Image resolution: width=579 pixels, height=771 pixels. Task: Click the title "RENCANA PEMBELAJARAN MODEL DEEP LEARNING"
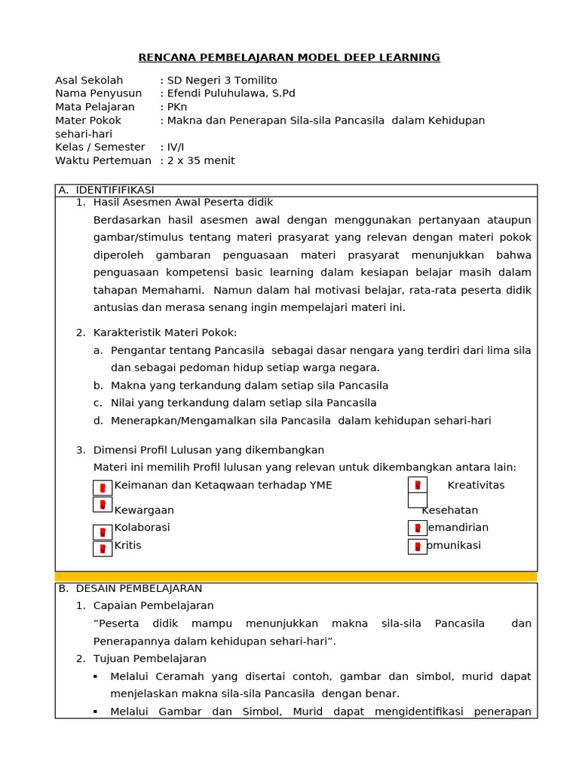pyautogui.click(x=289, y=58)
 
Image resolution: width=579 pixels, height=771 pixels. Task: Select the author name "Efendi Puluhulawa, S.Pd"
pyautogui.click(x=231, y=93)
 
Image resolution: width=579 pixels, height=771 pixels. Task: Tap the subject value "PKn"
pyautogui.click(x=177, y=107)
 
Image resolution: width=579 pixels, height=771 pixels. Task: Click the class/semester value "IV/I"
pyautogui.click(x=176, y=148)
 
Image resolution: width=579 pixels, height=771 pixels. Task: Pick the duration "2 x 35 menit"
pyautogui.click(x=201, y=161)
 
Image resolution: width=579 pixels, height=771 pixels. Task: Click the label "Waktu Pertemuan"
pyautogui.click(x=103, y=161)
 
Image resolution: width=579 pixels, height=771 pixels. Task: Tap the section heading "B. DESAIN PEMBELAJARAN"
pyautogui.click(x=130, y=589)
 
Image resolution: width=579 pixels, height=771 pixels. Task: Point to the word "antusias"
pyautogui.click(x=115, y=307)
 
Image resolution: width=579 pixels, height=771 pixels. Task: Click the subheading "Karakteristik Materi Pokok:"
pyautogui.click(x=164, y=333)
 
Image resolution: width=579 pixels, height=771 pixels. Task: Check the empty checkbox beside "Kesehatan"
pyautogui.click(x=417, y=501)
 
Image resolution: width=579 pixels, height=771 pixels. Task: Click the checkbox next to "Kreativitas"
pyautogui.click(x=417, y=485)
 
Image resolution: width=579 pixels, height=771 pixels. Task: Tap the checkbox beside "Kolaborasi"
pyautogui.click(x=103, y=532)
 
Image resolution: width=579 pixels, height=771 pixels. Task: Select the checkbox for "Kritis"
pyautogui.click(x=103, y=548)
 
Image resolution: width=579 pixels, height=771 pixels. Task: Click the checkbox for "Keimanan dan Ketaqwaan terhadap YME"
pyautogui.click(x=103, y=488)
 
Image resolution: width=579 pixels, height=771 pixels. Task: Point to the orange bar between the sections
pyautogui.click(x=296, y=577)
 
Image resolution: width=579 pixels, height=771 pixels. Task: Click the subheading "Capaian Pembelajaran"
pyautogui.click(x=153, y=606)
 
